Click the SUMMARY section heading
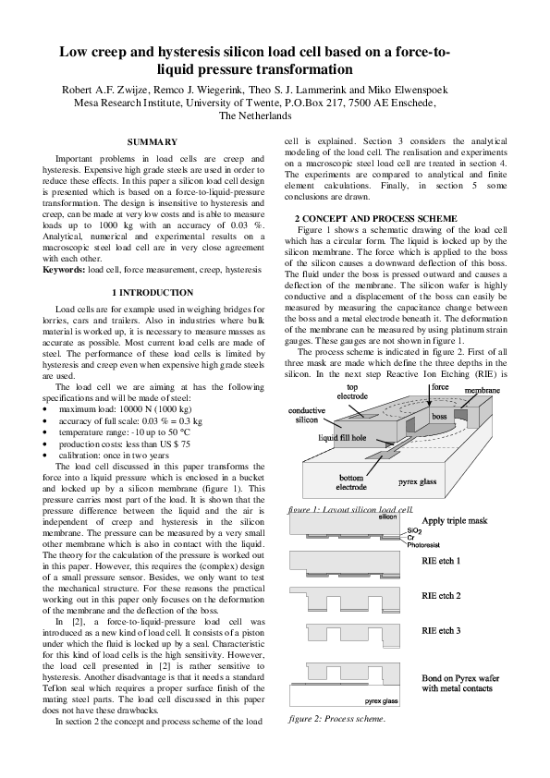pyautogui.click(x=152, y=141)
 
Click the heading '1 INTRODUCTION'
pyautogui.click(x=152, y=292)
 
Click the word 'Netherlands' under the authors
pyautogui.click(x=254, y=116)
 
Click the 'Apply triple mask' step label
pyautogui.click(x=460, y=521)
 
